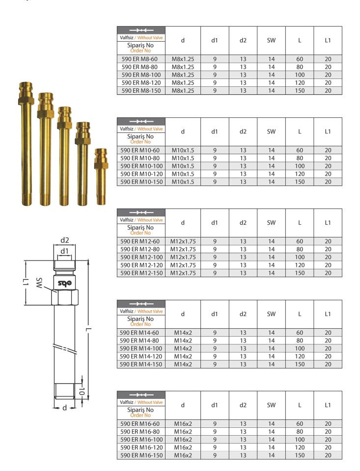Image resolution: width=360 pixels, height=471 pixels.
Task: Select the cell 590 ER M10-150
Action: [x=140, y=182]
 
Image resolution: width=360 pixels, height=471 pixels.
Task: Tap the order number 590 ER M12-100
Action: [x=140, y=257]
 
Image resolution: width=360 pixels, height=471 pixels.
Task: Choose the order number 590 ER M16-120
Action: [x=140, y=447]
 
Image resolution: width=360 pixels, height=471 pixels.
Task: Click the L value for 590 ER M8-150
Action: [x=299, y=90]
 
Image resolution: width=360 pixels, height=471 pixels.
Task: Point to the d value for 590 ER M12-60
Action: [x=183, y=241]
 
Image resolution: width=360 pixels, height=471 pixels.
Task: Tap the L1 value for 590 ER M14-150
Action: [x=328, y=364]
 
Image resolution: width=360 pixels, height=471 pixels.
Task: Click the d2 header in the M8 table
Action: [x=243, y=40]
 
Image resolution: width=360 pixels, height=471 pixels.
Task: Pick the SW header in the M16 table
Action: [x=271, y=405]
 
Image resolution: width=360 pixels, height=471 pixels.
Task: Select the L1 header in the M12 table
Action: [x=328, y=223]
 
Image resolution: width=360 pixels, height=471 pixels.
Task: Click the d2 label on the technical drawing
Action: [x=64, y=240]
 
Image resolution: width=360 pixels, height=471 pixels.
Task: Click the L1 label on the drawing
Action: [x=24, y=283]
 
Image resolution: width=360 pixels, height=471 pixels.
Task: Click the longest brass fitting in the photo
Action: [x=24, y=142]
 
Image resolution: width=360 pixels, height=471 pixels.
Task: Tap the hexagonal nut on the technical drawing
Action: [x=65, y=296]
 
